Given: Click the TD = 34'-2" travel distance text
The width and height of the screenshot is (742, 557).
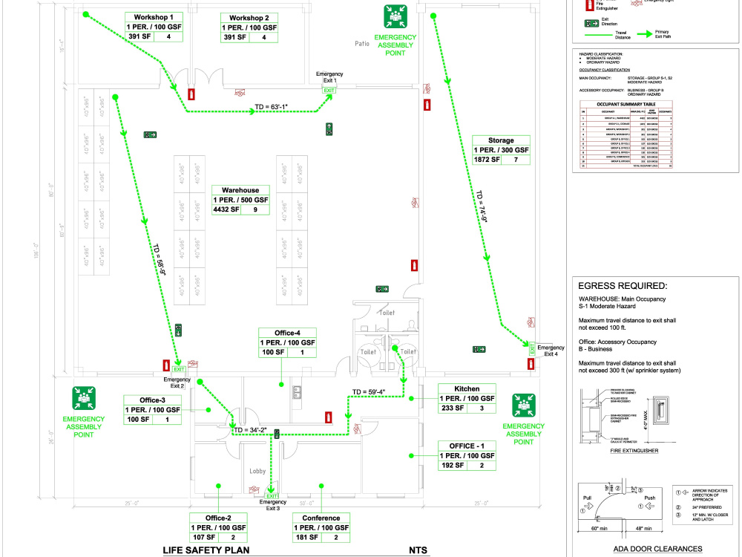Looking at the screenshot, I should [249, 430].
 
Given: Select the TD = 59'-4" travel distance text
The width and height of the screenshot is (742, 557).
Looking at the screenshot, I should [369, 391].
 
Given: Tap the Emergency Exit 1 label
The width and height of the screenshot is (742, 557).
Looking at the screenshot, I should [329, 77].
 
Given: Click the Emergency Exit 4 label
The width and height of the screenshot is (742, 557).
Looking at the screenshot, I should [550, 351].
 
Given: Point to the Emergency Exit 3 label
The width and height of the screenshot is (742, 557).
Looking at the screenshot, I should [272, 505].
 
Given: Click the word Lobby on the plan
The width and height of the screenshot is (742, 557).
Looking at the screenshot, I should [257, 471].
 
